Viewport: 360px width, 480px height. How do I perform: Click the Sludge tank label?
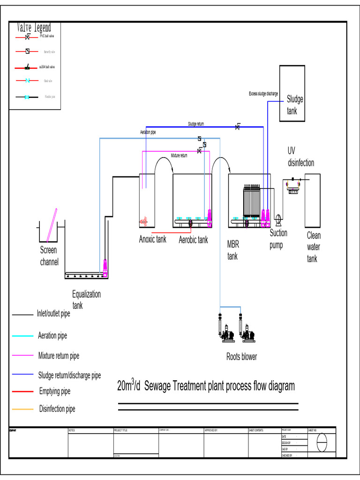(x=295, y=105)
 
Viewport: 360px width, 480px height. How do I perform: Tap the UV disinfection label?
(x=301, y=157)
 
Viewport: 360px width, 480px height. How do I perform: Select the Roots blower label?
(x=241, y=357)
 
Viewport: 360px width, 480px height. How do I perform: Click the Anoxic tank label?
(x=152, y=240)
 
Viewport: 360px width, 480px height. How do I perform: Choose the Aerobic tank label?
(x=193, y=240)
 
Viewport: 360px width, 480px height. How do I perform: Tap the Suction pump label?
(x=278, y=239)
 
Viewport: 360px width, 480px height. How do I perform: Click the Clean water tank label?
(x=314, y=247)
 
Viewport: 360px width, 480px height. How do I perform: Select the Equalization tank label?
(x=86, y=300)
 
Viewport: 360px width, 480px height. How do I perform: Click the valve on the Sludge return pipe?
(x=238, y=127)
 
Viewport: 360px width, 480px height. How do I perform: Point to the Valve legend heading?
(x=34, y=28)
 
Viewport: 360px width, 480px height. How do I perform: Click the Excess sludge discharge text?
(x=263, y=94)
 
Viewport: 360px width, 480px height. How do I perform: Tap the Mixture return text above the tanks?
(x=179, y=155)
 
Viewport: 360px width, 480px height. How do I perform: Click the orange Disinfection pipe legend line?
(x=23, y=409)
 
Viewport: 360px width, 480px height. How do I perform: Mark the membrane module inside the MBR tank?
(x=251, y=202)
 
